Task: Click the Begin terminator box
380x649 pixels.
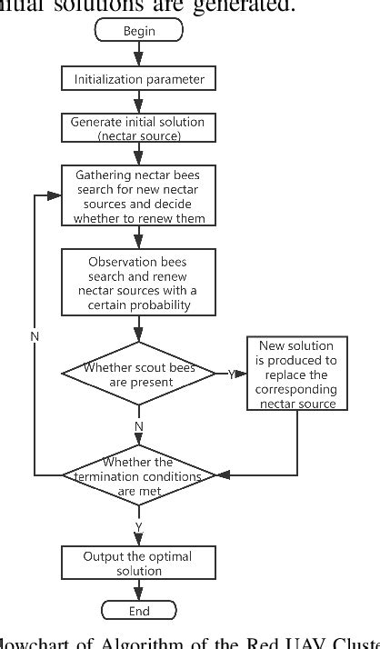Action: pos(139,31)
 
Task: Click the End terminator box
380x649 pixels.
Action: pos(139,610)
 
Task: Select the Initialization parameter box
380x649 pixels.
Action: pos(139,79)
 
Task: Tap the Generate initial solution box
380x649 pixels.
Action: pos(139,127)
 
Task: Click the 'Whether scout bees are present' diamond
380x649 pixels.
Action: pos(139,374)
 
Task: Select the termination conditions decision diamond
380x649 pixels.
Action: pos(139,474)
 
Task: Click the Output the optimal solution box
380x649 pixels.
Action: pos(139,563)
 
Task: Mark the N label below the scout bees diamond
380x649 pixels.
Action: pos(139,425)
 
